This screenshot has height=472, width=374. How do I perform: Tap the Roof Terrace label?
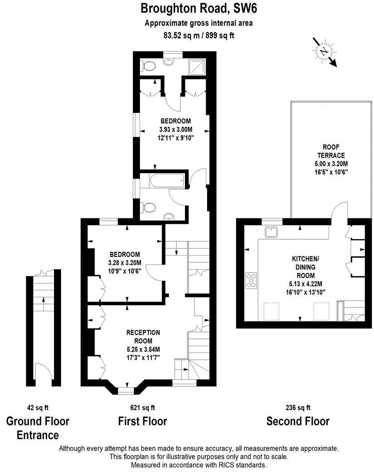tap(330, 151)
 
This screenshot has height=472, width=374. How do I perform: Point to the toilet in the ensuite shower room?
tap(147, 67)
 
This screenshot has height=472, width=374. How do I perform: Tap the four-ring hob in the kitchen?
tap(251, 280)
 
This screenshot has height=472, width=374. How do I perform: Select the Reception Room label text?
tap(143, 337)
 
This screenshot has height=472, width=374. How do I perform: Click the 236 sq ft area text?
tap(297, 407)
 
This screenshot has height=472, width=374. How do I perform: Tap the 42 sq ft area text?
tap(37, 407)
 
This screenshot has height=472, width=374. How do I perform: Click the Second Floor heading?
tap(297, 421)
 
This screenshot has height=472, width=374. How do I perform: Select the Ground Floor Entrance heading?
tap(38, 428)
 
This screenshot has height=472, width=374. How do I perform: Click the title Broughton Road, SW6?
tap(198, 8)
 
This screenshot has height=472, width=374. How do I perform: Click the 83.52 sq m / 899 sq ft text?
tap(199, 34)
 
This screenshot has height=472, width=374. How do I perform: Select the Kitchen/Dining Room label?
tap(305, 267)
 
